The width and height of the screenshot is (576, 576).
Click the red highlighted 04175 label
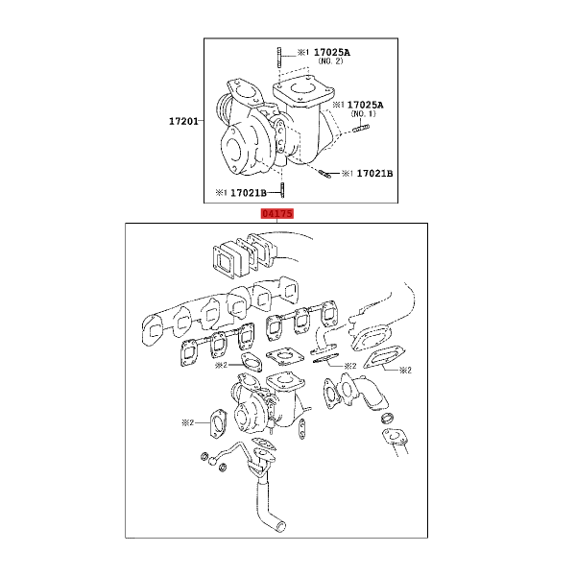click(x=277, y=213)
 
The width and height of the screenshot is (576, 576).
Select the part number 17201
click(x=183, y=121)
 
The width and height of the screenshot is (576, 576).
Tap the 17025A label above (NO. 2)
click(x=332, y=52)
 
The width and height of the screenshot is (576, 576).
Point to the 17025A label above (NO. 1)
click(x=365, y=105)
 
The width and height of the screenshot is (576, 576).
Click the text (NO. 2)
click(x=330, y=61)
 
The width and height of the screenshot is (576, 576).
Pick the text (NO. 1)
click(x=364, y=113)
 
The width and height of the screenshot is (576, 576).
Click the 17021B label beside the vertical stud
click(x=249, y=193)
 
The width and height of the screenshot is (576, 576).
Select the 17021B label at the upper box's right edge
click(x=374, y=173)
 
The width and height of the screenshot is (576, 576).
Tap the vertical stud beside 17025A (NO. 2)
click(x=279, y=58)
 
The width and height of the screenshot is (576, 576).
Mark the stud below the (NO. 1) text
click(x=362, y=129)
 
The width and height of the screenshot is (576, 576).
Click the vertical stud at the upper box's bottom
click(x=282, y=190)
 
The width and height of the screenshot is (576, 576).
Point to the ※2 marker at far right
click(x=405, y=370)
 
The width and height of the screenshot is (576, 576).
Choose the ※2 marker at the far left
click(x=188, y=422)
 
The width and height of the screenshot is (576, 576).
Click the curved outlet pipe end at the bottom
click(x=281, y=527)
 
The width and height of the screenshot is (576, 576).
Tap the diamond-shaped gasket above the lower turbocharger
click(x=285, y=356)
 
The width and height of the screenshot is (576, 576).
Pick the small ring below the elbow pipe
click(x=388, y=418)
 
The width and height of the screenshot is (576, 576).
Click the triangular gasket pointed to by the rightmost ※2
click(x=382, y=358)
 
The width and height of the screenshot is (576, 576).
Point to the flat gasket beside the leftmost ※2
click(x=218, y=425)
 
